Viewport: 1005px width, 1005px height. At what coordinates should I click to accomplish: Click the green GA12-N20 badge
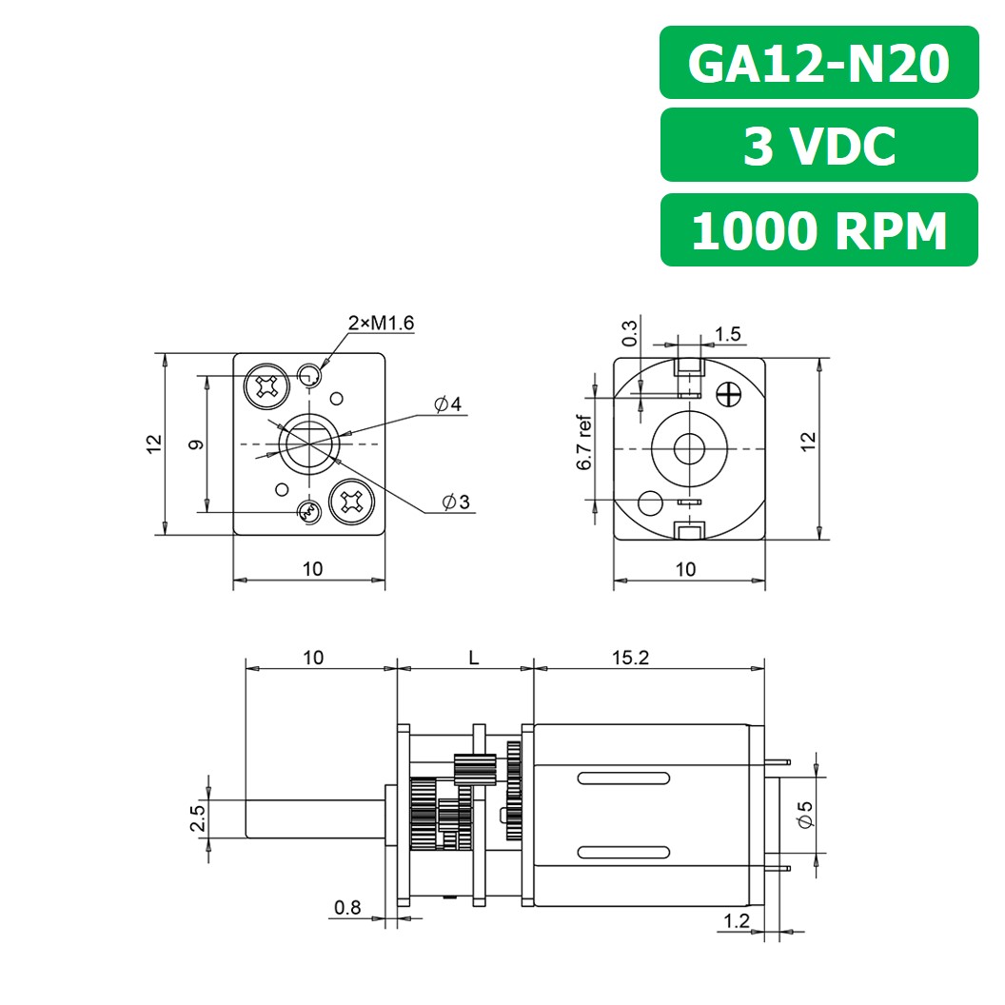(818, 63)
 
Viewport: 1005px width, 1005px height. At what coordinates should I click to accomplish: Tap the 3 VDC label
(818, 146)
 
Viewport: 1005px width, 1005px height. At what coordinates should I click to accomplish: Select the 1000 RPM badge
(818, 230)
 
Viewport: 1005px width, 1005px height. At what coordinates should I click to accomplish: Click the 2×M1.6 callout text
(381, 324)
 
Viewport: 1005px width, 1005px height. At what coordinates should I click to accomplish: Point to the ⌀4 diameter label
(447, 405)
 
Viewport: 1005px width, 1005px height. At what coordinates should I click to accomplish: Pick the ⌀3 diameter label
(455, 502)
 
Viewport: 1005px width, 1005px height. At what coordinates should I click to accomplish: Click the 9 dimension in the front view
(194, 443)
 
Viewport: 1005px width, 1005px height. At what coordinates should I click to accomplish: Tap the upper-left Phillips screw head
(266, 385)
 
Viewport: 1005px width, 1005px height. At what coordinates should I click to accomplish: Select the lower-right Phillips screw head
(350, 502)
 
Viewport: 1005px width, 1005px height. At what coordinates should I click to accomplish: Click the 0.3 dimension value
(630, 333)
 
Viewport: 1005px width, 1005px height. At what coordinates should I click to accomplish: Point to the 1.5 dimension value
(727, 334)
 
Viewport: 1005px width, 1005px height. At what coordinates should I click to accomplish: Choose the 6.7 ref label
(584, 443)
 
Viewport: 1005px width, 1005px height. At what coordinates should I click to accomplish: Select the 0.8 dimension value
(348, 908)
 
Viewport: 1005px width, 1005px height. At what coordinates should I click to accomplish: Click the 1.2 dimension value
(737, 920)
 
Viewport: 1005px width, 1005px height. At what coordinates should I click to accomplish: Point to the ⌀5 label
(806, 813)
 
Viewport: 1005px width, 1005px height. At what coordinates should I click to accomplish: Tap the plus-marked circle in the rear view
(731, 392)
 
